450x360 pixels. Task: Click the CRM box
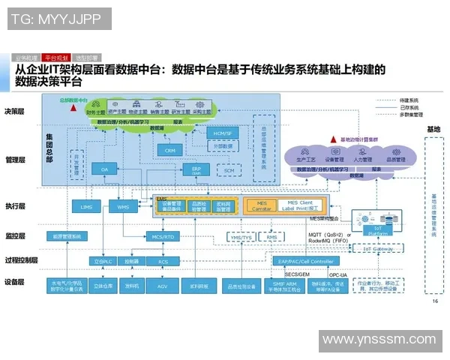pos(169,150)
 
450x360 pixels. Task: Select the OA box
pos(105,170)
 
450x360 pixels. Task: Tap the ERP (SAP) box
pos(196,170)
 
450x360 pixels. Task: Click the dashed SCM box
pos(229,170)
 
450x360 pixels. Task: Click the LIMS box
pos(83,205)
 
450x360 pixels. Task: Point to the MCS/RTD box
pos(162,236)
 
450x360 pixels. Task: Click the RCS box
pos(162,261)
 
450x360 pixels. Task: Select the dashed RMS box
pos(271,237)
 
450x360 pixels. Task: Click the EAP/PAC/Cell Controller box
pos(306,261)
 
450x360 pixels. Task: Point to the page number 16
pos(435,302)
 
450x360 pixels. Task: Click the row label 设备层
pos(16,283)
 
